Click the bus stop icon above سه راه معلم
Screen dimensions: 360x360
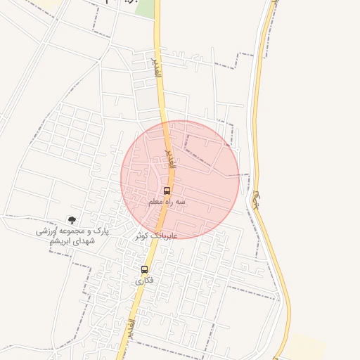167,191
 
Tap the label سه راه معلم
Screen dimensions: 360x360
167,202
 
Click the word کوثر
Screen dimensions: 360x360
144,236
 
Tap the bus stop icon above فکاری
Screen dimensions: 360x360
144,269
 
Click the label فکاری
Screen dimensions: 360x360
144,280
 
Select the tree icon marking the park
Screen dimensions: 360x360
72,220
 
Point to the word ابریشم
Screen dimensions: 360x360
62,241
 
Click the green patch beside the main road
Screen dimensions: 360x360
146,8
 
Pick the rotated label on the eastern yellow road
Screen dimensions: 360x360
257,200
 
